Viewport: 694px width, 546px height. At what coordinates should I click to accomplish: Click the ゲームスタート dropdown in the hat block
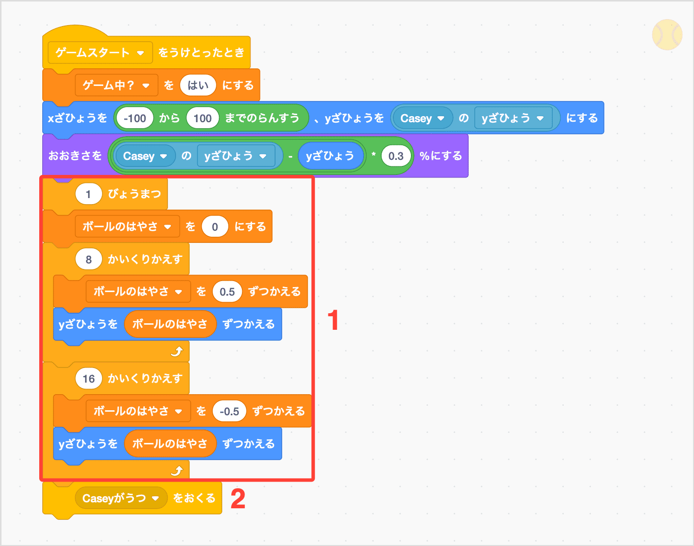pos(100,53)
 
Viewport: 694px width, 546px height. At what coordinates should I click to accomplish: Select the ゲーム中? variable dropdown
pos(116,85)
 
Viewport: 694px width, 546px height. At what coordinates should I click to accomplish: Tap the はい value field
pos(198,85)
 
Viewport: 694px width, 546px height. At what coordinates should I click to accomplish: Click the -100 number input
pos(134,118)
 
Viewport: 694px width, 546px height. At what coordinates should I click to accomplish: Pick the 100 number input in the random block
pos(202,118)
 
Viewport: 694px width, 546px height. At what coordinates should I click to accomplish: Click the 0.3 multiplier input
pos(396,156)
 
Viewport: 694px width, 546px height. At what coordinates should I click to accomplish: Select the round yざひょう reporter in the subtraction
pos(330,156)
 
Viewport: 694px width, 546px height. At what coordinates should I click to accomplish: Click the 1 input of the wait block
pos(89,194)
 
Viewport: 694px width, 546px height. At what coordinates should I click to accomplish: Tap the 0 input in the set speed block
pos(215,227)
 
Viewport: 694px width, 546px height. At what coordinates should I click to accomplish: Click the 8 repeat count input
pos(89,259)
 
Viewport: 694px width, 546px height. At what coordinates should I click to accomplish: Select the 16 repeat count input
pos(89,379)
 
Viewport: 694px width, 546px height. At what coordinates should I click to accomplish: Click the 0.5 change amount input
pos(227,292)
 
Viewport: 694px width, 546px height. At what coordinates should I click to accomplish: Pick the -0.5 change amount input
pos(229,411)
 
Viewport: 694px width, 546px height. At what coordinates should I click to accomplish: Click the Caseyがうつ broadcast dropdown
pos(121,498)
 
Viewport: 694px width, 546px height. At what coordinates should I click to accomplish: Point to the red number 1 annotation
pos(333,320)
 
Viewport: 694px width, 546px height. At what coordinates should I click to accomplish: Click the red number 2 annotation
pos(238,499)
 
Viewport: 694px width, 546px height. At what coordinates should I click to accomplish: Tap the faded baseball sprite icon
pos(667,35)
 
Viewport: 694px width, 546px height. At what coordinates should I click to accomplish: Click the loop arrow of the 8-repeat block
pos(177,351)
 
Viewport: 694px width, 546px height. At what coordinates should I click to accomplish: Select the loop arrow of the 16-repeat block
pos(177,471)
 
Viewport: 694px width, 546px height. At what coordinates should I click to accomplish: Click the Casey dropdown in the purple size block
pos(145,156)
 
